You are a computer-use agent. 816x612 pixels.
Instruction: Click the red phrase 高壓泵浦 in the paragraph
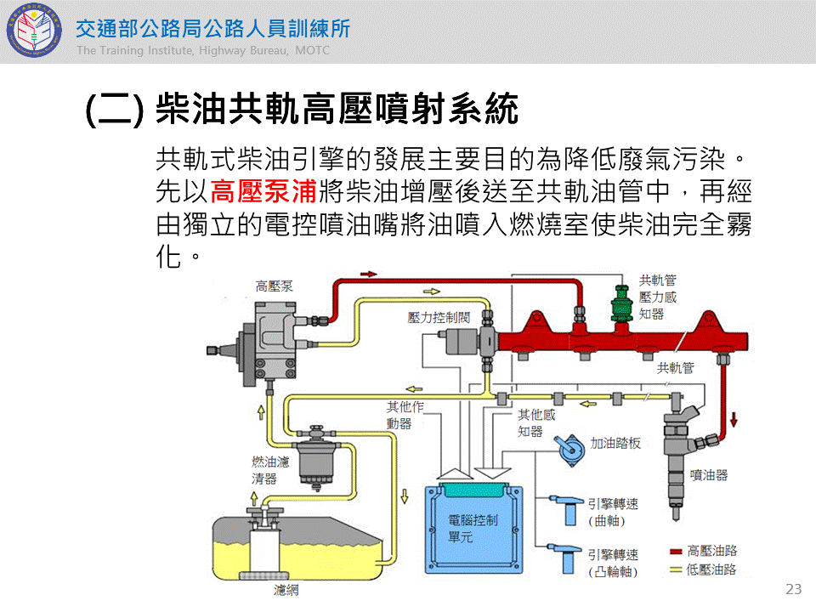pyautogui.click(x=263, y=190)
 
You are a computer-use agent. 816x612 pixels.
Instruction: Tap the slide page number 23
pyautogui.click(x=794, y=589)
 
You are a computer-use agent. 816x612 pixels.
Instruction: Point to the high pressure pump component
pyautogui.click(x=270, y=344)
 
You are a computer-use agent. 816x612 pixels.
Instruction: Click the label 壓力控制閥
pyautogui.click(x=439, y=318)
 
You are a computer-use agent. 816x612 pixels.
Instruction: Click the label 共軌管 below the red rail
pyautogui.click(x=676, y=368)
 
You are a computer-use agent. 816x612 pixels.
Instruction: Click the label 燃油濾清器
pyautogui.click(x=270, y=470)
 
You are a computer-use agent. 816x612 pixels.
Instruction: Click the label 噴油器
pyautogui.click(x=709, y=475)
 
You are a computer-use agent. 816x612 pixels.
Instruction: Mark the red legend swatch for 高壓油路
pyautogui.click(x=677, y=550)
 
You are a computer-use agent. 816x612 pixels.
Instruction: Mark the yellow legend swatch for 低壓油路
pyautogui.click(x=677, y=569)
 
